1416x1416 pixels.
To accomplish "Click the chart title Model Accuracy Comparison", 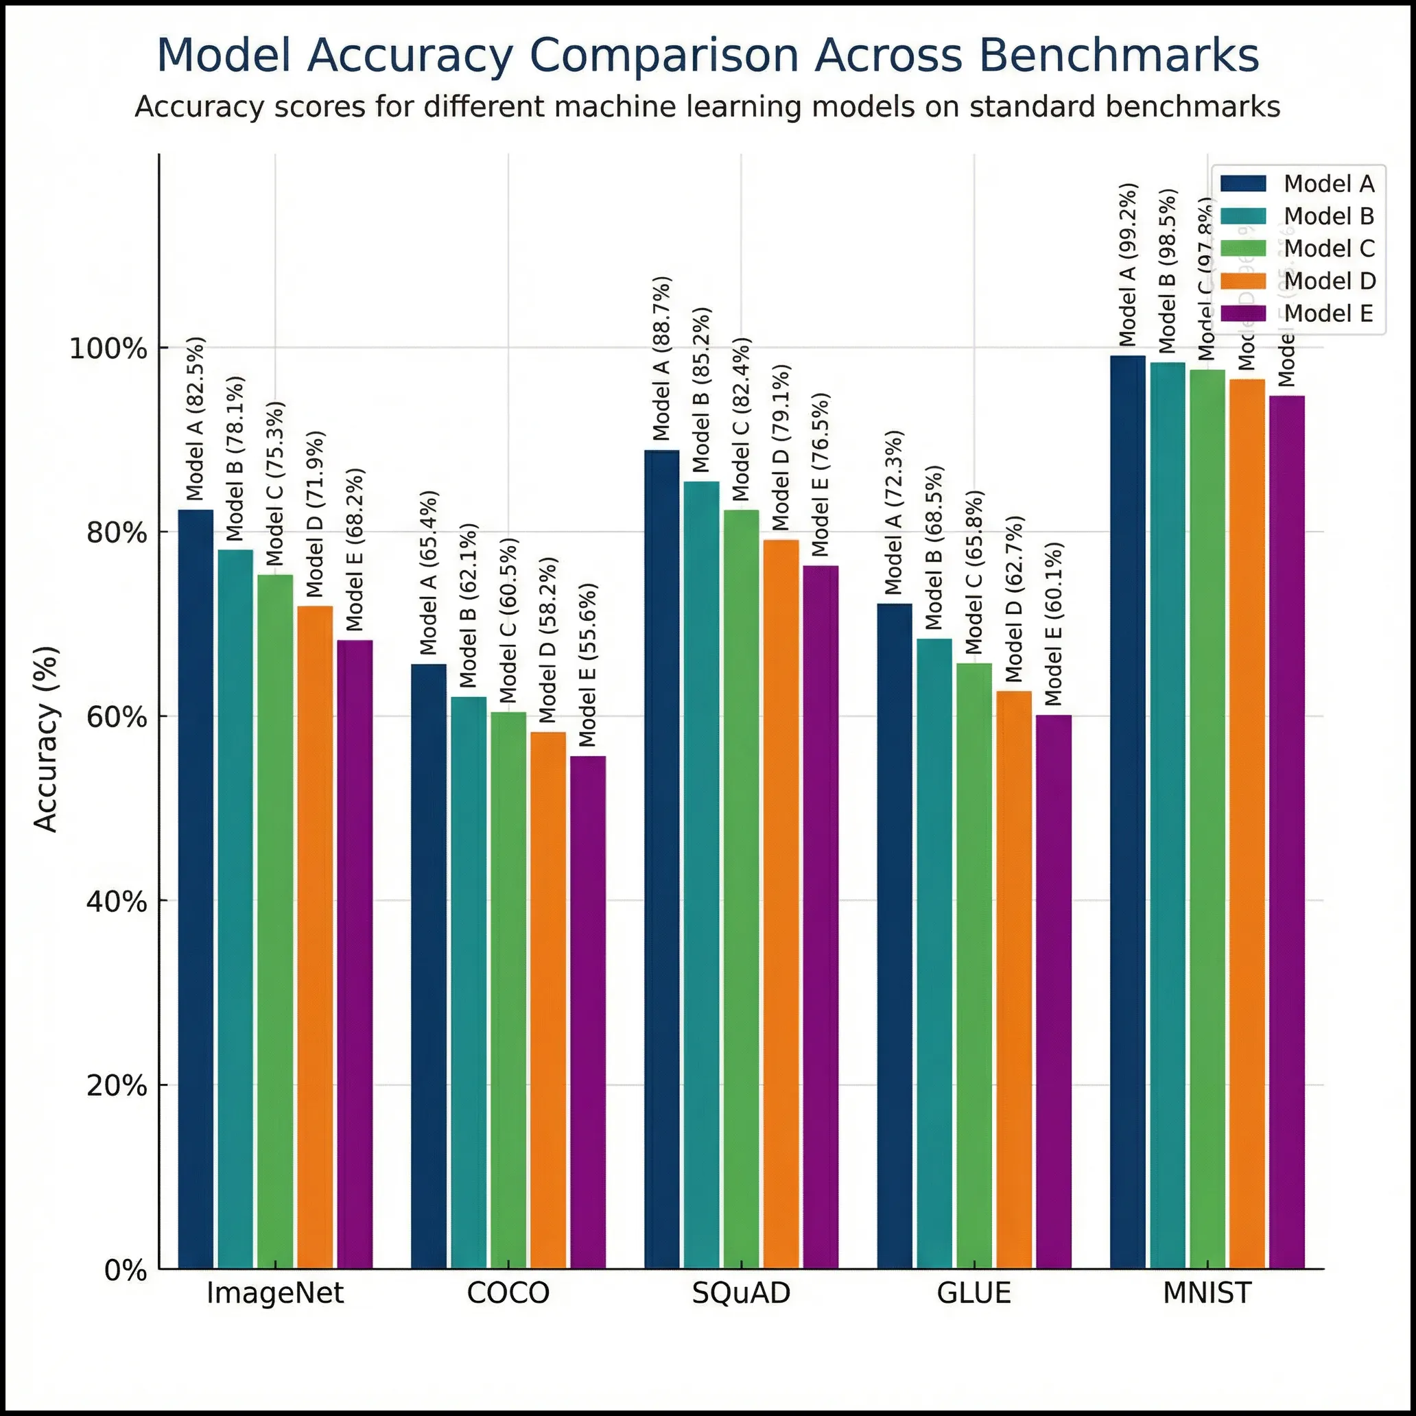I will pos(707,55).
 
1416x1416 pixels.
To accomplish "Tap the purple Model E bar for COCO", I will pos(588,1011).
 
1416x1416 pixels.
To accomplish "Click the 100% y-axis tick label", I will pos(108,348).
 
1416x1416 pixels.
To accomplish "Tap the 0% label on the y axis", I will pos(126,1270).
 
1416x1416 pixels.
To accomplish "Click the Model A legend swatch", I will pos(1243,184).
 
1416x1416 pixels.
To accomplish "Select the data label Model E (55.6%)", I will pos(588,665).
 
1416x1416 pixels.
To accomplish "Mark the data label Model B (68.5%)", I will pos(934,547).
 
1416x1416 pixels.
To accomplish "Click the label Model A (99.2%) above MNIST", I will pos(1128,265).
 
